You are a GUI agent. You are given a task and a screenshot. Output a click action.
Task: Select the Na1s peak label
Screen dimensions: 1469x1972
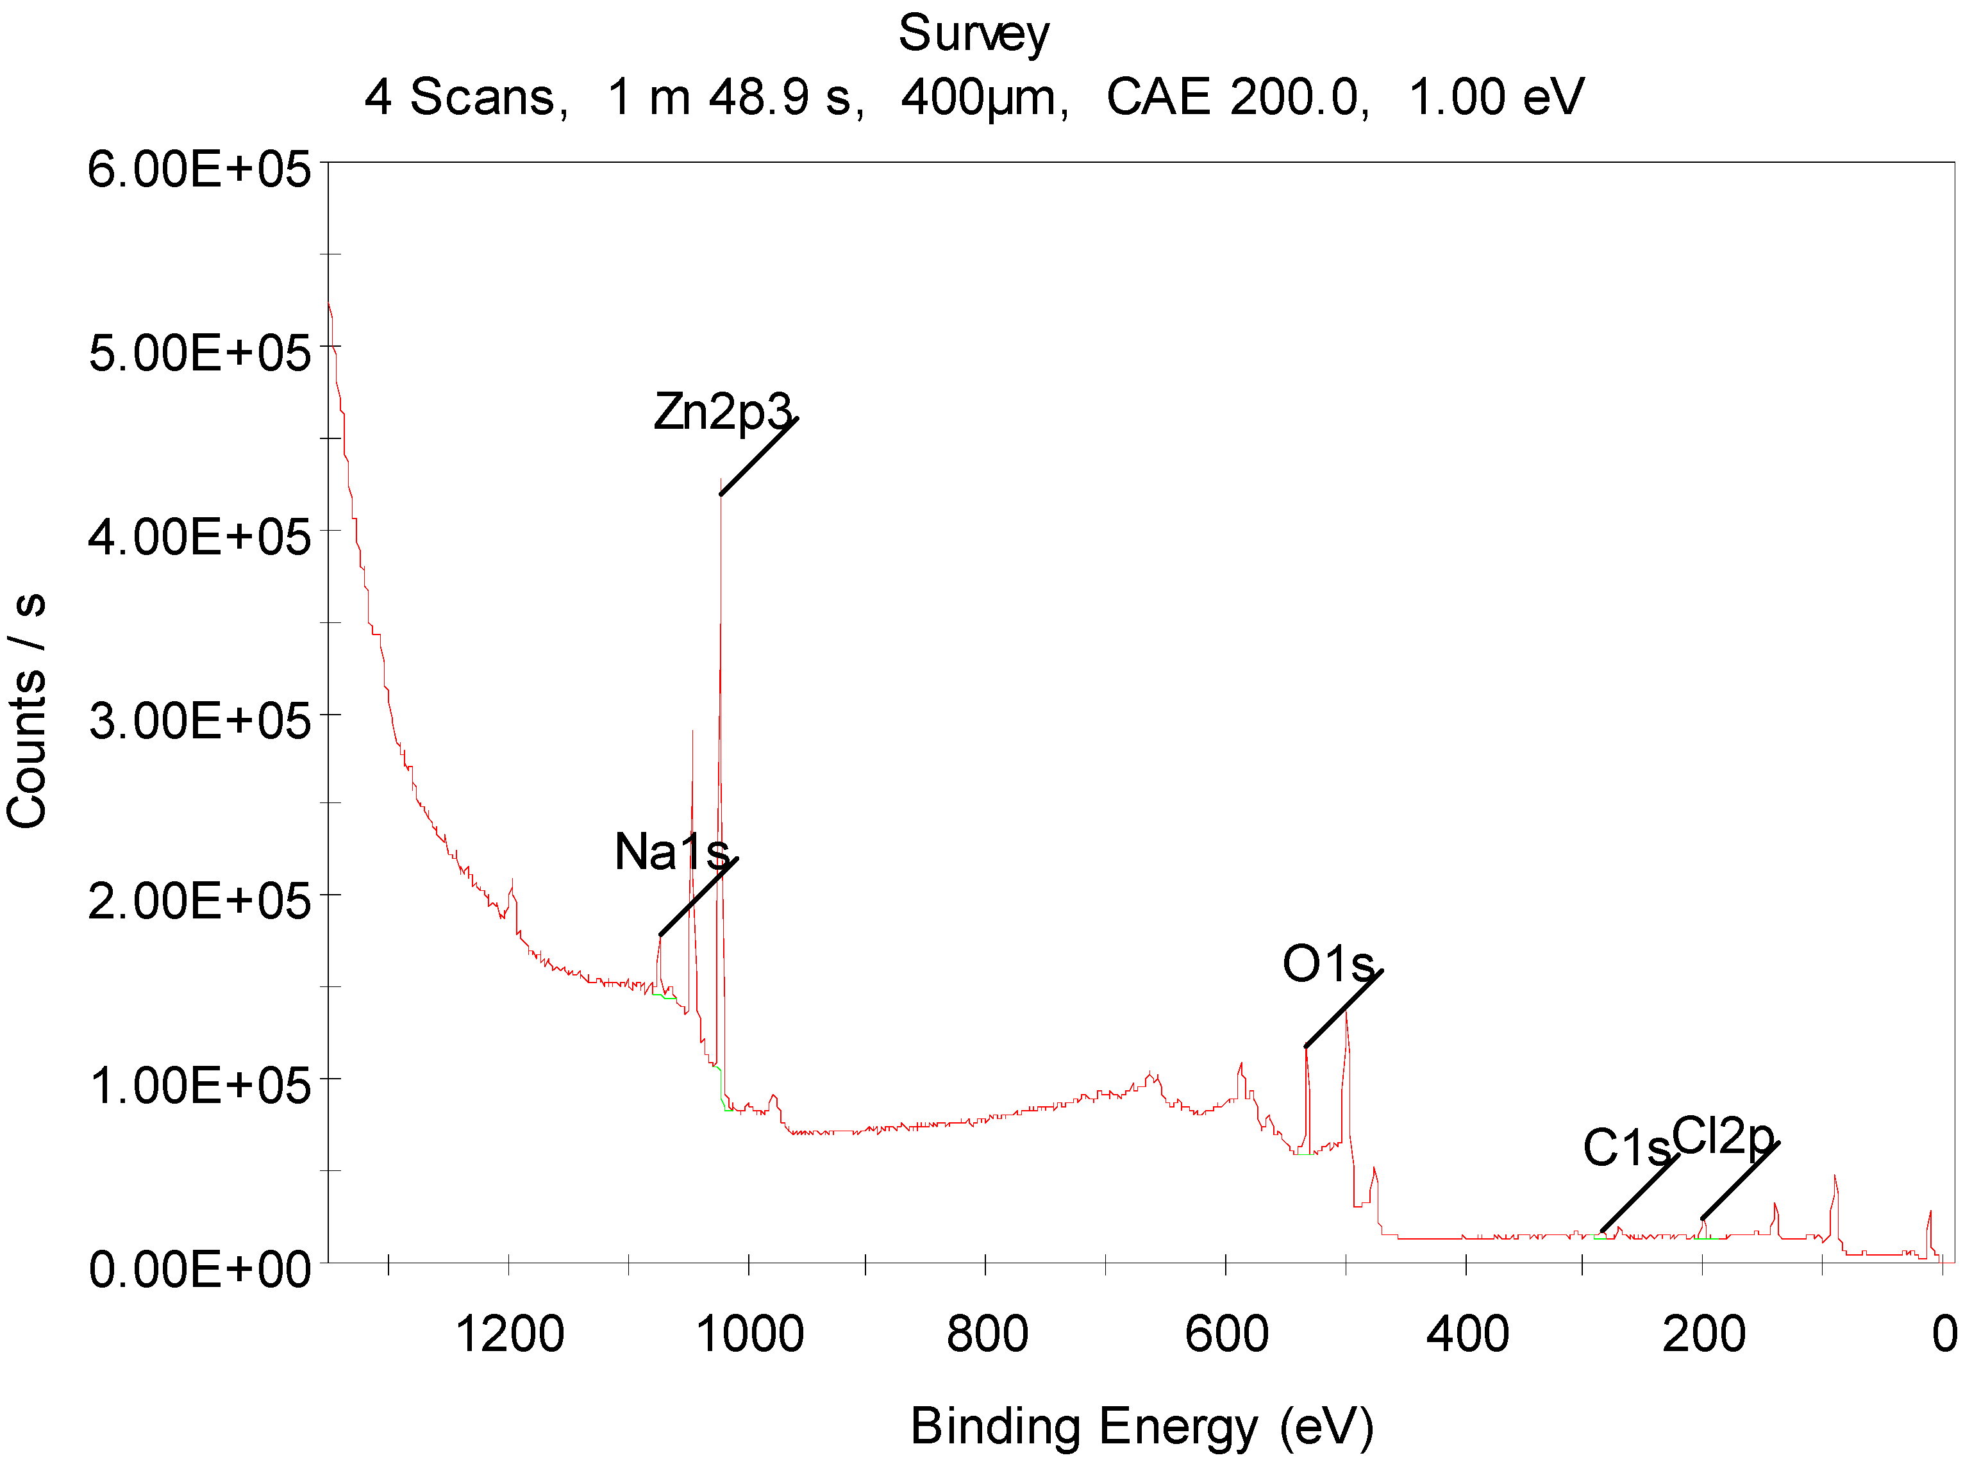click(x=672, y=851)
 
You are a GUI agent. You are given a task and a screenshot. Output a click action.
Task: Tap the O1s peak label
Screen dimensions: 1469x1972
click(x=1328, y=964)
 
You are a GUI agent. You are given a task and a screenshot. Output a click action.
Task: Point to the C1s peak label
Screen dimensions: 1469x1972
click(x=1626, y=1147)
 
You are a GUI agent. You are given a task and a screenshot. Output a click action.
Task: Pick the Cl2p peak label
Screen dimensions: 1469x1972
click(x=1722, y=1136)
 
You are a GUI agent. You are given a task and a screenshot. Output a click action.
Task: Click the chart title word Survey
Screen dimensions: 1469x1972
click(x=973, y=34)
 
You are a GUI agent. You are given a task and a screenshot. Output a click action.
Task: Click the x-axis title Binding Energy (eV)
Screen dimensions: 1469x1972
click(x=1142, y=1426)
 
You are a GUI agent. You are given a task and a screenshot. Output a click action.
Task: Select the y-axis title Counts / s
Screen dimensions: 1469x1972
click(x=27, y=711)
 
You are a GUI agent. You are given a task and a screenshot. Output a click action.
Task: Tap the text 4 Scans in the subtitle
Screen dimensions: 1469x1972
click(x=465, y=96)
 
